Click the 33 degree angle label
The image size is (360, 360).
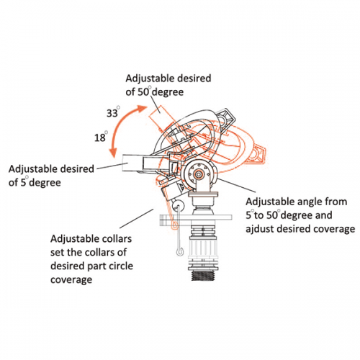tap(113, 112)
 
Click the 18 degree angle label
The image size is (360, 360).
tap(101, 137)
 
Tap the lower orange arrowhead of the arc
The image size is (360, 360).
tap(113, 152)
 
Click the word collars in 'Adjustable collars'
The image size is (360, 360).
tap(117, 239)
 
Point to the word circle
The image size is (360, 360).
tap(121, 266)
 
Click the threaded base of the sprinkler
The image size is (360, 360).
tap(203, 275)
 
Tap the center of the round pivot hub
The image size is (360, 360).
tap(199, 174)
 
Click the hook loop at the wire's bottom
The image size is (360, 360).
tap(179, 251)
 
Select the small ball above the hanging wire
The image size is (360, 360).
tap(179, 205)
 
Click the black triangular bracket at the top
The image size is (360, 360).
tap(225, 120)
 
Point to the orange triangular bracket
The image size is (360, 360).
tap(258, 154)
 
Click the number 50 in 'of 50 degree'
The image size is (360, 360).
tap(143, 92)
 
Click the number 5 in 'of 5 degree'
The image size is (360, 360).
tap(23, 183)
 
